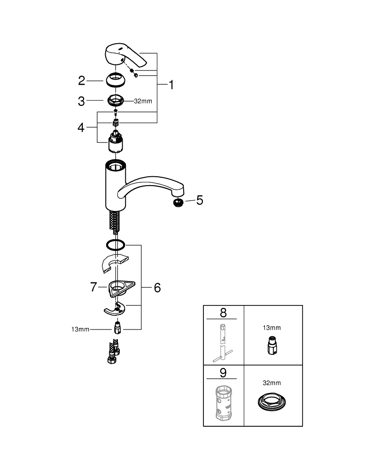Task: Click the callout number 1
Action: tap(171, 85)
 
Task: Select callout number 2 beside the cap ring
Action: tap(81, 81)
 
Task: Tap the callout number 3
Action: tap(81, 102)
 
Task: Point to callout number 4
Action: tap(81, 128)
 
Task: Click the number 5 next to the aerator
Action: tap(200, 200)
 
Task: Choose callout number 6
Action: tap(157, 288)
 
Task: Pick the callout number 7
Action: tap(93, 287)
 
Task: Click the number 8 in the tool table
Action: tap(223, 313)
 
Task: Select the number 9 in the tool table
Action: tap(223, 373)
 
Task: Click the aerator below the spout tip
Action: tap(178, 203)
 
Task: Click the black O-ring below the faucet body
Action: tap(116, 245)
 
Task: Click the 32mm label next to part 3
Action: tap(143, 102)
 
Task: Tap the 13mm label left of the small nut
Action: tap(80, 329)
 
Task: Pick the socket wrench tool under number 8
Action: tap(223, 343)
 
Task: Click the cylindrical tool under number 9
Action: tap(224, 403)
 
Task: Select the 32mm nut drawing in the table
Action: tap(271, 402)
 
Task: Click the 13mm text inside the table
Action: tap(271, 328)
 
